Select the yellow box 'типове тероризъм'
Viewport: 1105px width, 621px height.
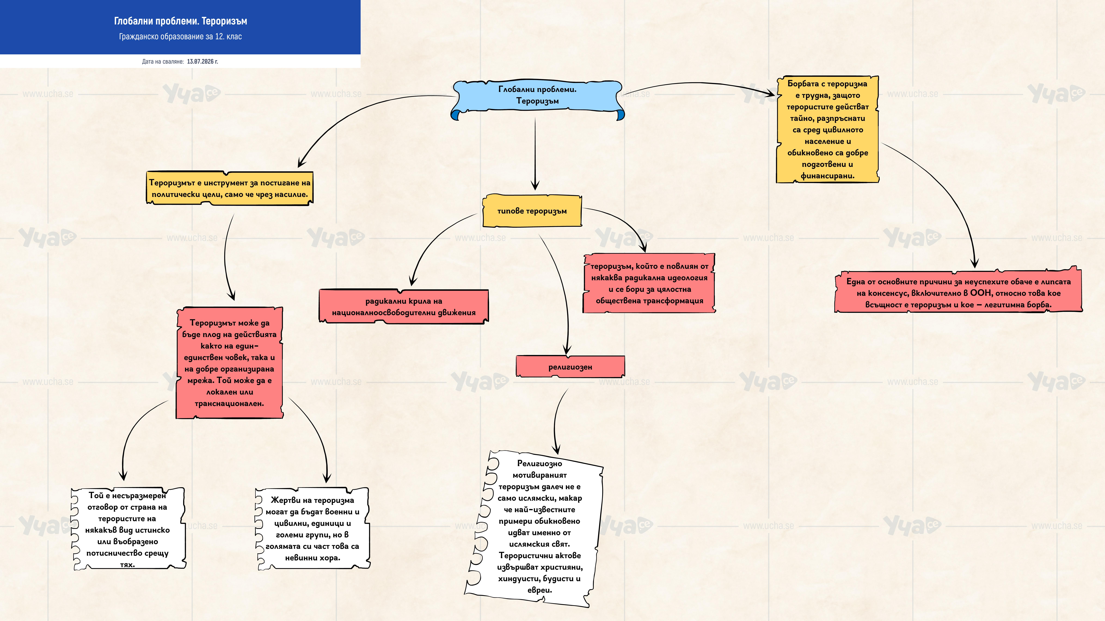click(532, 211)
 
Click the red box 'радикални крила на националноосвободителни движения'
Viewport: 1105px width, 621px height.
click(404, 306)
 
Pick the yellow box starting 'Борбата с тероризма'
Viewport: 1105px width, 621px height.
click(828, 129)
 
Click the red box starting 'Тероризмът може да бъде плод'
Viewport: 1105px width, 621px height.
click(229, 363)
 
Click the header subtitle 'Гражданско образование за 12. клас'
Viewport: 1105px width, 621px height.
click(180, 36)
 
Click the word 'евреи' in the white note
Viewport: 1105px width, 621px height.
click(539, 590)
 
